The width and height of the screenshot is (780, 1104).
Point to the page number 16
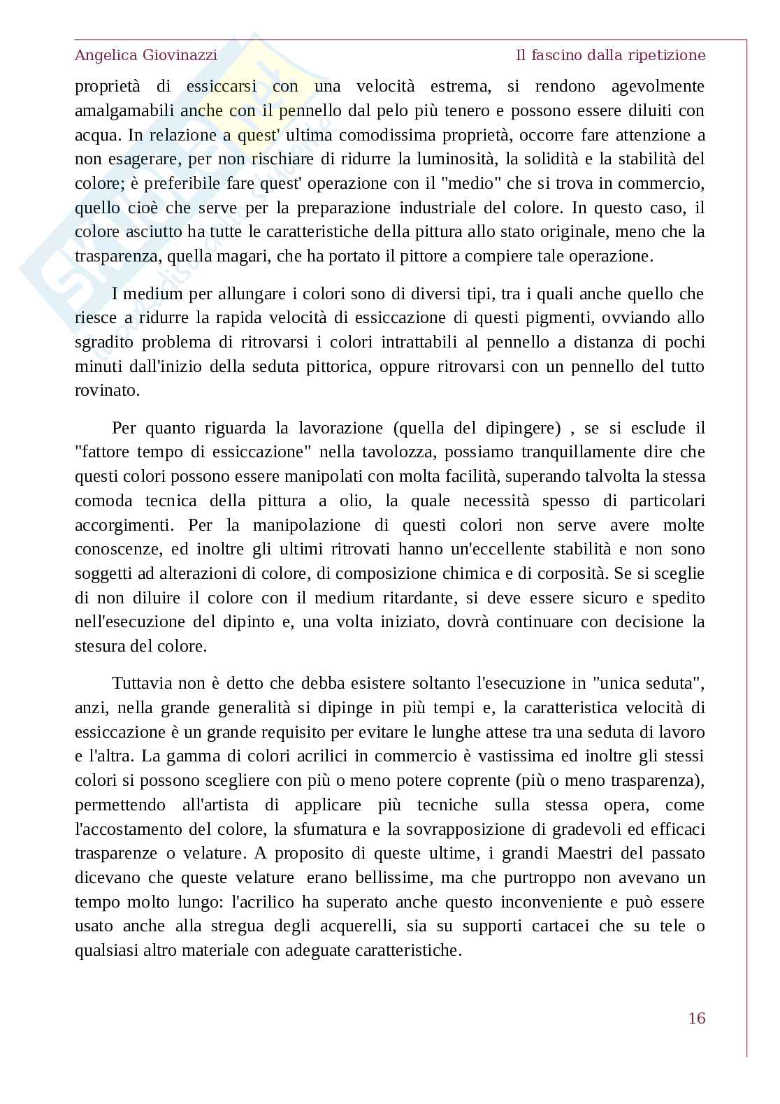click(696, 1018)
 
